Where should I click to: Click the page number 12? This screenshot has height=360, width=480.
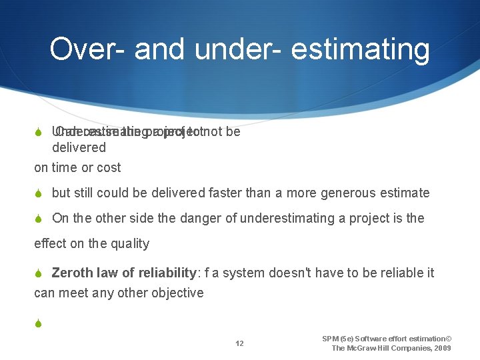click(239, 343)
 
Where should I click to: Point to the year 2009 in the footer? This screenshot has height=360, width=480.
click(441, 348)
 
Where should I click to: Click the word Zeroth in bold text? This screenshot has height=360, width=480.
click(73, 273)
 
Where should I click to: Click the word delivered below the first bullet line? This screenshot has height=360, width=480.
click(79, 147)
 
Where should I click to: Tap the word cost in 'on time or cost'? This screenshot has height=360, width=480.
click(108, 167)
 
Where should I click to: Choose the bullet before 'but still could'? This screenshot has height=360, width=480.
click(39, 193)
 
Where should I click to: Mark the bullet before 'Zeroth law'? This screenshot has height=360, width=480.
click(39, 273)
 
